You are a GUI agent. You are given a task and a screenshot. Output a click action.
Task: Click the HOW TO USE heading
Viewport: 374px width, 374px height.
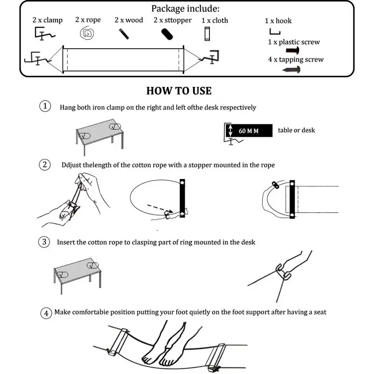[x=179, y=91]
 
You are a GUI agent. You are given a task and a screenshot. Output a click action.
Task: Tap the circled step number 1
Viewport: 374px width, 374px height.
[x=45, y=107]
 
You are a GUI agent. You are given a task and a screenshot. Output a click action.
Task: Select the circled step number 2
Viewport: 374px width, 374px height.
[x=45, y=165]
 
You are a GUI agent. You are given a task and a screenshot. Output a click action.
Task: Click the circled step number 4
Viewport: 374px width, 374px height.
[x=45, y=313]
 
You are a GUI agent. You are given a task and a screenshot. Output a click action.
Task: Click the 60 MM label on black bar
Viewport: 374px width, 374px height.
[x=248, y=130]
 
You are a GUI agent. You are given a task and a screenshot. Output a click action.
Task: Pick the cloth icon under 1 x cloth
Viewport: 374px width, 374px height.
[x=208, y=34]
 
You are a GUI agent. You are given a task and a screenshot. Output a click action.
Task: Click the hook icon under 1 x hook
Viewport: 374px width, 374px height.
[x=274, y=31]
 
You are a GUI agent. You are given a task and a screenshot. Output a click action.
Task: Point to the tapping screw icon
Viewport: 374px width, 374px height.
[x=292, y=69]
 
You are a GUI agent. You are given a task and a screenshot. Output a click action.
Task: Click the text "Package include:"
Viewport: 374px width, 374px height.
[x=185, y=8]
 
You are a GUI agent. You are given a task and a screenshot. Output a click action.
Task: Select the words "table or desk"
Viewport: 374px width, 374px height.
[x=296, y=130]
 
